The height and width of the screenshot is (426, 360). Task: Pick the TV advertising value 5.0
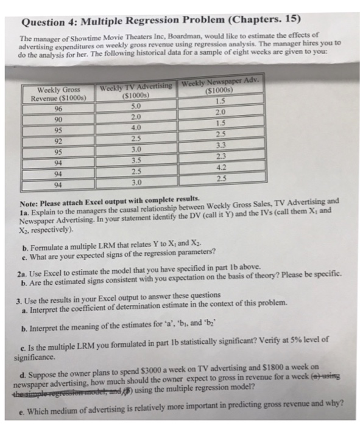point(136,105)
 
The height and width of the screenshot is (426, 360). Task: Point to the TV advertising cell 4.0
point(136,127)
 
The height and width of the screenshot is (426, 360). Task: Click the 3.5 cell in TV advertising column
point(136,160)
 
